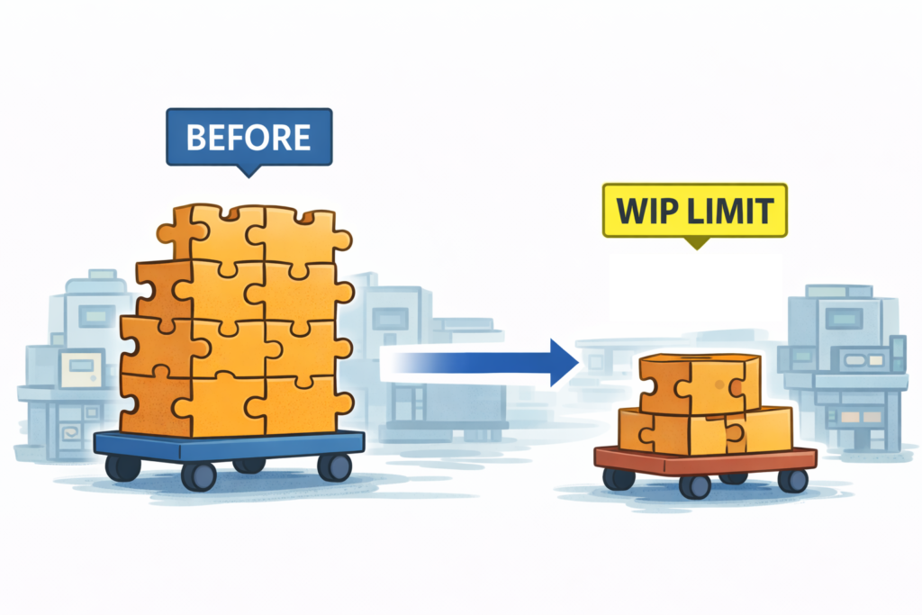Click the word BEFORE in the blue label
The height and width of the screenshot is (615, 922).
click(248, 138)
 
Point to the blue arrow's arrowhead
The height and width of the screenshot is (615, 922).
click(562, 362)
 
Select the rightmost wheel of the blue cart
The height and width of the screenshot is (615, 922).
click(335, 466)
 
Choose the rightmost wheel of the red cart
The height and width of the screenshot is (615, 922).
click(792, 480)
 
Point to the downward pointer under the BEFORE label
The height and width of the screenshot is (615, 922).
click(249, 169)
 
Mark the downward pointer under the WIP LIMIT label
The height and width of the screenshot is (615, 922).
click(693, 242)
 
